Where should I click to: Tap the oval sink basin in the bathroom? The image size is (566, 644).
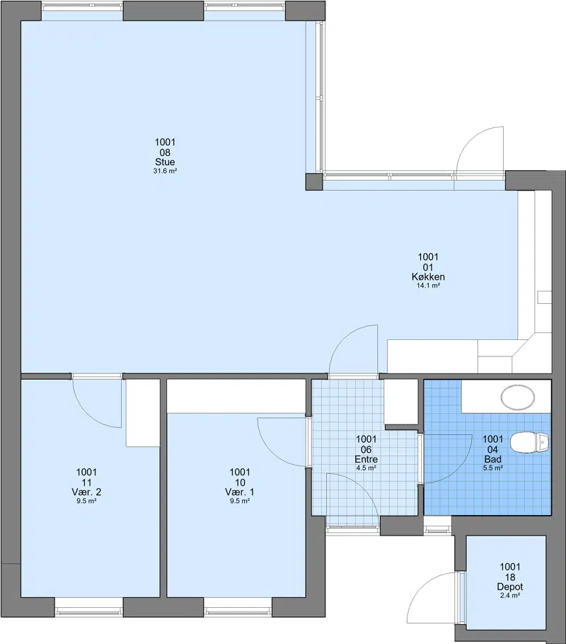518,397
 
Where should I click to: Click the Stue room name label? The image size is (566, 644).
165,162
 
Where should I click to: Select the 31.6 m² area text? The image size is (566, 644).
165,171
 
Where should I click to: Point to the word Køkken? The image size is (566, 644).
428,277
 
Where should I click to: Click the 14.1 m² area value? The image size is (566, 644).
428,286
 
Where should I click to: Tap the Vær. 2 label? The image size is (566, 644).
86,492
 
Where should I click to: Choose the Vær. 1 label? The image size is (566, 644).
240,492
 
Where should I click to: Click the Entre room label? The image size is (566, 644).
366,459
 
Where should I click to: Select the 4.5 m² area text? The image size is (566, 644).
366,468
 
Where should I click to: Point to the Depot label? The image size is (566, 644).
510,587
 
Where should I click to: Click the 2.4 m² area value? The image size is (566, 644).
510,596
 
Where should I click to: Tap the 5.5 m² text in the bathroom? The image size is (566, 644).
493,468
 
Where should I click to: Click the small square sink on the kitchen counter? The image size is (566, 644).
545,297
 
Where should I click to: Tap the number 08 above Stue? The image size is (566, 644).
165,152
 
